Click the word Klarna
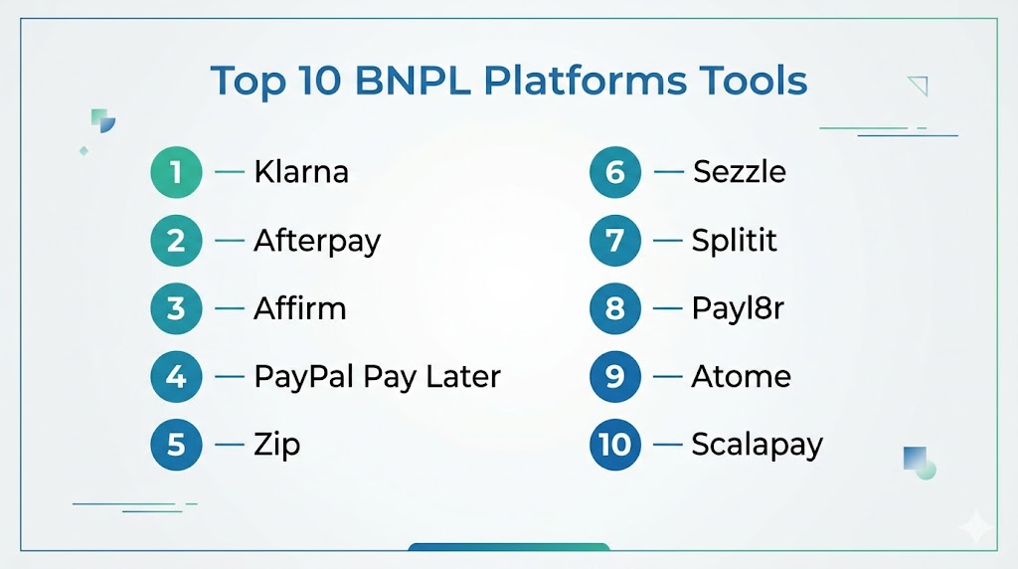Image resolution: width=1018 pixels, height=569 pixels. pyautogui.click(x=301, y=172)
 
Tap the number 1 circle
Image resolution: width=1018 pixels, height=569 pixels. pyautogui.click(x=176, y=172)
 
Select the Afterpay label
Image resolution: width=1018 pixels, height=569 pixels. pyautogui.click(x=317, y=242)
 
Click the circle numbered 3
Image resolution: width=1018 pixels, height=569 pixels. pyautogui.click(x=176, y=308)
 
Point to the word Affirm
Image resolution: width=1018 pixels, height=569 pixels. pyautogui.click(x=300, y=308)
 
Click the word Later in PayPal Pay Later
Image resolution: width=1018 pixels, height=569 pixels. pyautogui.click(x=463, y=376)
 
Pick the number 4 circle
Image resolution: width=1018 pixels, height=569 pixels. pyautogui.click(x=176, y=377)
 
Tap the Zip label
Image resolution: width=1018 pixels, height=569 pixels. pyautogui.click(x=277, y=446)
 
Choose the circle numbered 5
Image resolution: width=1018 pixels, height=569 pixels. pyautogui.click(x=176, y=445)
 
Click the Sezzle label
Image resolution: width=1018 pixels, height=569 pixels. pyautogui.click(x=740, y=172)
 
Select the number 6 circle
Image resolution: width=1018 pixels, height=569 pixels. pyautogui.click(x=614, y=172)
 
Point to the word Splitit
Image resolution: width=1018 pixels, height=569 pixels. pyautogui.click(x=735, y=241)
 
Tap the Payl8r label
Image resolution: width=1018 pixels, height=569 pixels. pyautogui.click(x=738, y=309)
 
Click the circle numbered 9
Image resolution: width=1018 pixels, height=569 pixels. pyautogui.click(x=614, y=377)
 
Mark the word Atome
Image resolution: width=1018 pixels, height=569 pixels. pyautogui.click(x=741, y=377)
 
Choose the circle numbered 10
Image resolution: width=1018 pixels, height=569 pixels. pyautogui.click(x=614, y=445)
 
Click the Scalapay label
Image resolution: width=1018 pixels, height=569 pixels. pyautogui.click(x=757, y=446)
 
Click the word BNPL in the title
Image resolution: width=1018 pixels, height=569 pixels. pyautogui.click(x=413, y=81)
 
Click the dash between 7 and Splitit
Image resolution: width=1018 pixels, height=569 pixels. pyautogui.click(x=667, y=241)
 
